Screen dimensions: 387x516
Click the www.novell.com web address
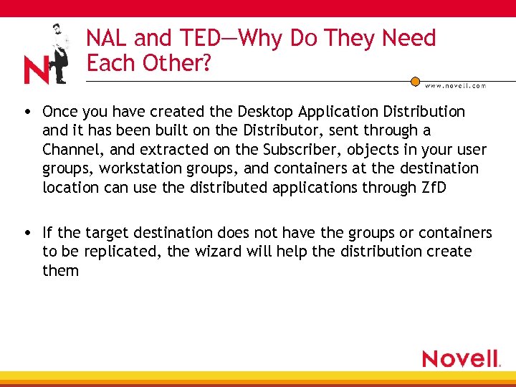coord(456,85)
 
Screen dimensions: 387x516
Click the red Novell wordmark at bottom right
coord(460,358)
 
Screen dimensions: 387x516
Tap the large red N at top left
coord(36,70)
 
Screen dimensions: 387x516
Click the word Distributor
coord(283,130)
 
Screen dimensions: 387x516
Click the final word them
coord(60,270)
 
